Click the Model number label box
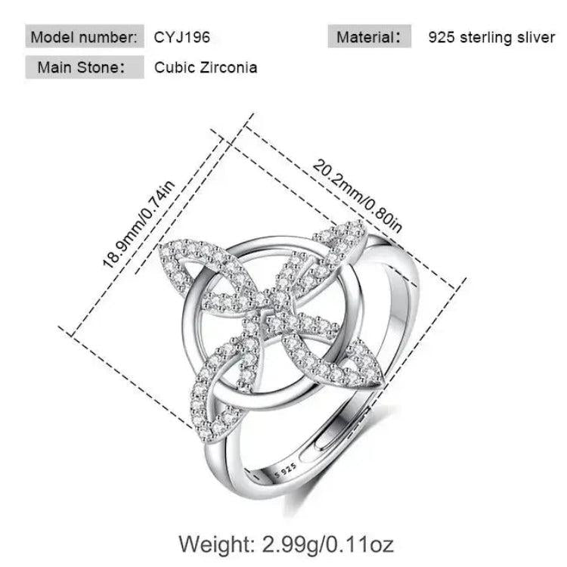(x=85, y=36)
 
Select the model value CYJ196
(x=182, y=37)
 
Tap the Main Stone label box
(x=85, y=67)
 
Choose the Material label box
(x=370, y=36)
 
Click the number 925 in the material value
(x=442, y=37)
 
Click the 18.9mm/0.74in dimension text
(x=139, y=225)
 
